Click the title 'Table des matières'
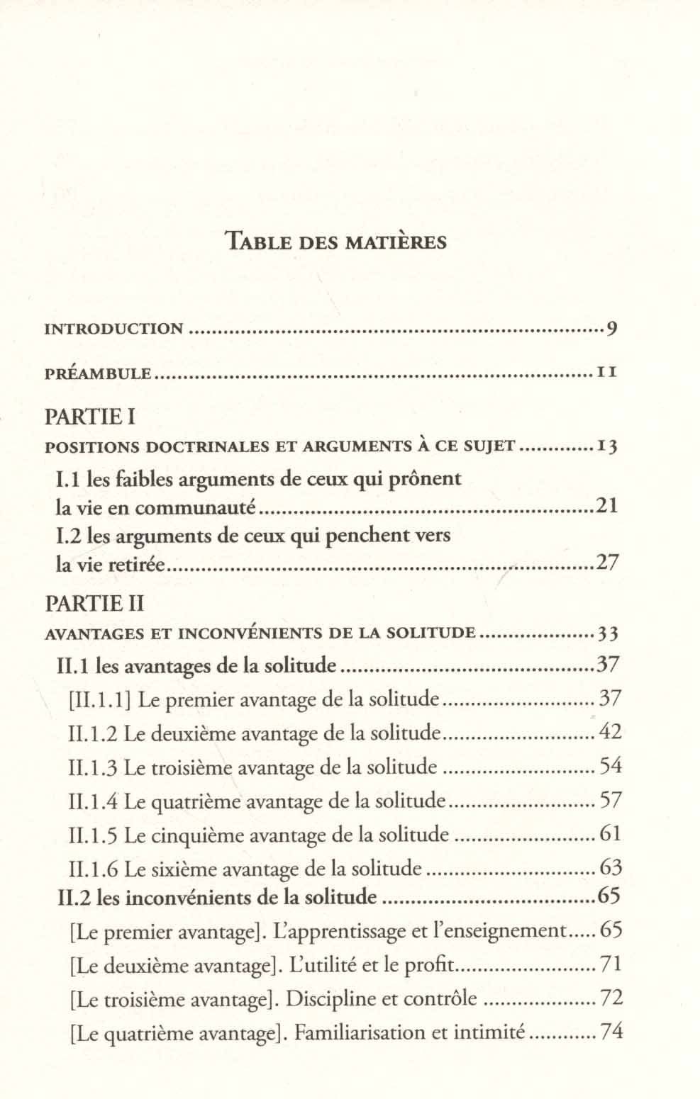335,242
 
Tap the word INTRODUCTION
113,329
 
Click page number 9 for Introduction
612,329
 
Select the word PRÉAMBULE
98,373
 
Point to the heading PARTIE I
90,417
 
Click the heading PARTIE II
94,604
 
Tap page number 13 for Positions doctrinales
607,447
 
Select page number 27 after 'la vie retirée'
607,563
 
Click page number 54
610,766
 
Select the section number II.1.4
94,801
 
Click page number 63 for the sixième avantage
610,867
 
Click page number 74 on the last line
611,1032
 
